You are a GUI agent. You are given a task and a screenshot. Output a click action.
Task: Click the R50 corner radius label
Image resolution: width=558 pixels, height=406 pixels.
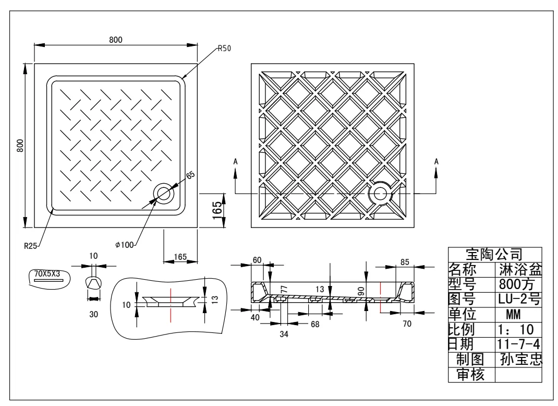tap(224, 49)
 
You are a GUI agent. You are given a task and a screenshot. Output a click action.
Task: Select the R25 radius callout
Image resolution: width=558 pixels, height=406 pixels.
tap(31, 246)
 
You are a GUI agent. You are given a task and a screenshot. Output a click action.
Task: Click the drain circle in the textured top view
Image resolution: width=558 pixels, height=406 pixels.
tap(165, 193)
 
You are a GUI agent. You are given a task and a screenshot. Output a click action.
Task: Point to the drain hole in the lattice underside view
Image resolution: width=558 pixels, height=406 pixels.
tap(379, 194)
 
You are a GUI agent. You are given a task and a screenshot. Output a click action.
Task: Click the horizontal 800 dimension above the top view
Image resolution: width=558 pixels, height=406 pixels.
tap(116, 40)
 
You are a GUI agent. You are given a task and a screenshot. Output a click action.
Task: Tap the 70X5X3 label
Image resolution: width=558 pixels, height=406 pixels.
tap(47, 273)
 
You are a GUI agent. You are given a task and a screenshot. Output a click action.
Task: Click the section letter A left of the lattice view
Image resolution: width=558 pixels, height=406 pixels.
tap(236, 162)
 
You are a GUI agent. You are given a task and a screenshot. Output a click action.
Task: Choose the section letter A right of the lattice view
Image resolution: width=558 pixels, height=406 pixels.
tap(436, 162)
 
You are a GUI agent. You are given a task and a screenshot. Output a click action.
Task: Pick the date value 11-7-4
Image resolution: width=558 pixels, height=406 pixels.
tap(518, 344)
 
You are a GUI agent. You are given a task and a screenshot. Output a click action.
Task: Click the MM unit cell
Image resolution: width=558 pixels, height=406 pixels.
tap(517, 314)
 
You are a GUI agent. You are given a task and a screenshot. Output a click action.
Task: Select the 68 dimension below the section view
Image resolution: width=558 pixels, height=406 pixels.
tap(315, 324)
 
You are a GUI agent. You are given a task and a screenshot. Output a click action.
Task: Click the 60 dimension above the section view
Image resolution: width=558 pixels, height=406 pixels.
tap(257, 260)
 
